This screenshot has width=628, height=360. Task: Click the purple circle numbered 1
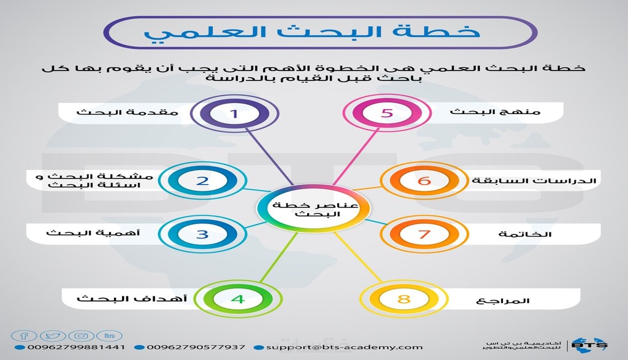pyautogui.click(x=234, y=113)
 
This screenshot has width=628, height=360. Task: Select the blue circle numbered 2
pyautogui.click(x=202, y=180)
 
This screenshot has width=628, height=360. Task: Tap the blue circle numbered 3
pyautogui.click(x=202, y=234)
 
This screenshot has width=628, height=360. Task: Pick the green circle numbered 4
pyautogui.click(x=238, y=299)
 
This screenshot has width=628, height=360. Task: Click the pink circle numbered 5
pyautogui.click(x=386, y=113)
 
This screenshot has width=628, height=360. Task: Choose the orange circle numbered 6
pyautogui.click(x=424, y=180)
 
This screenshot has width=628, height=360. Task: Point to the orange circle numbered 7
pyautogui.click(x=424, y=234)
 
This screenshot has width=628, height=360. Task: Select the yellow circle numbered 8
pyautogui.click(x=404, y=299)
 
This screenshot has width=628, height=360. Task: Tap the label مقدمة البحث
pyautogui.click(x=128, y=112)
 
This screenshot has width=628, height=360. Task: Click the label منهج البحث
pyautogui.click(x=495, y=112)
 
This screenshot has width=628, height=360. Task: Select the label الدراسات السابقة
pyautogui.click(x=534, y=180)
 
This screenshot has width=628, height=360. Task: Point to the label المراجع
pyautogui.click(x=503, y=301)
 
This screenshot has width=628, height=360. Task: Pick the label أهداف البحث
pyautogui.click(x=132, y=298)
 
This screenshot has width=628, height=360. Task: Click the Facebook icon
pyautogui.click(x=24, y=335)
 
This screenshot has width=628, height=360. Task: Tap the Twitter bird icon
pyautogui.click(x=53, y=335)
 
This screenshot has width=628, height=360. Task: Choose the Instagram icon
pyautogui.click(x=81, y=335)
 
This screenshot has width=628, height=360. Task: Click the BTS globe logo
pyautogui.click(x=589, y=345)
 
